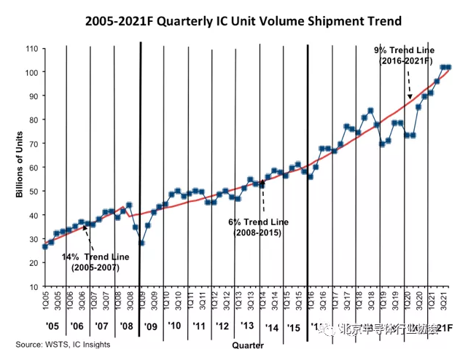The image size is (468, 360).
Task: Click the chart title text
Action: [234, 20]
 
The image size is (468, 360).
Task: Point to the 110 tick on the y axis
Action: [31, 49]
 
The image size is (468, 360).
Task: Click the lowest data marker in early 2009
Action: [141, 243]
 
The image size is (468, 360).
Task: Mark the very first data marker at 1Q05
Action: [45, 246]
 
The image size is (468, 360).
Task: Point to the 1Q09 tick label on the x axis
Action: [141, 299]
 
